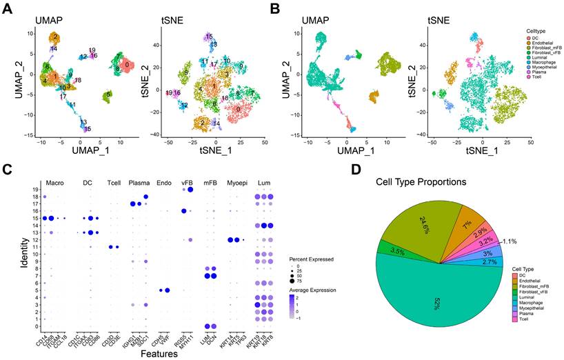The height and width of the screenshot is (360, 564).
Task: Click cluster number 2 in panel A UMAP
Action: pos(55,36)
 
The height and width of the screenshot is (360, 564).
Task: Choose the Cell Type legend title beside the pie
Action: pos(527,270)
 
